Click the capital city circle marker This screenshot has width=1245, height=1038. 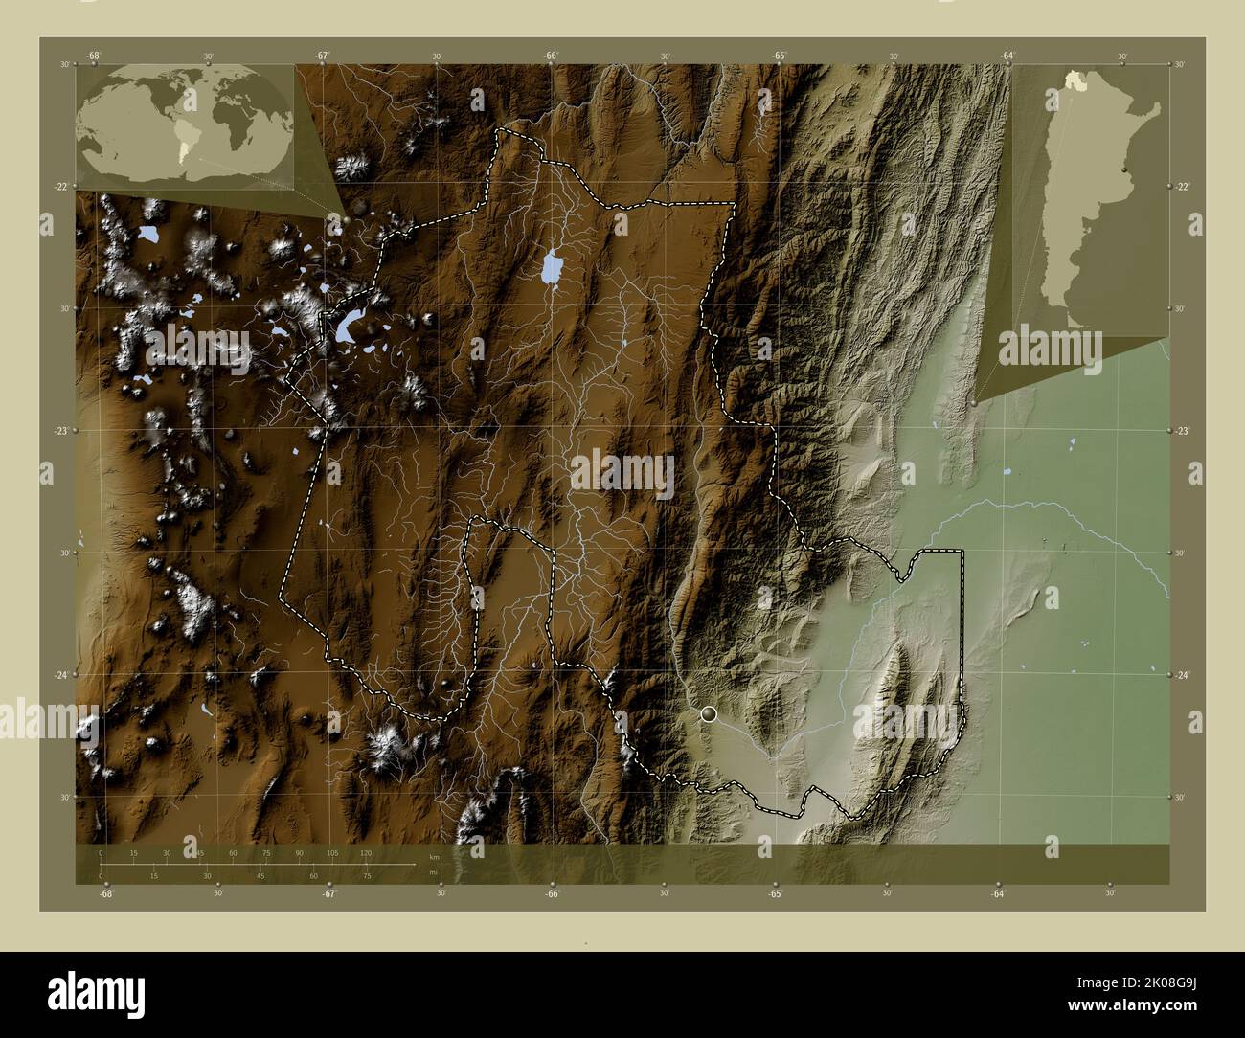[709, 713]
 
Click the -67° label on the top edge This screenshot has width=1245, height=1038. [322, 56]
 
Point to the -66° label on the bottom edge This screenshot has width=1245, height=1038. [553, 894]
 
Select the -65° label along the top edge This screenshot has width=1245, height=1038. [780, 56]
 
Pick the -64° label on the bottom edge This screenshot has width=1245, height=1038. [998, 894]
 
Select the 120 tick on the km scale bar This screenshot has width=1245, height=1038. [365, 852]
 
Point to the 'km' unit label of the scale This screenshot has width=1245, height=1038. [434, 856]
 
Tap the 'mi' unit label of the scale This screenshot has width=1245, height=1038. [434, 872]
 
